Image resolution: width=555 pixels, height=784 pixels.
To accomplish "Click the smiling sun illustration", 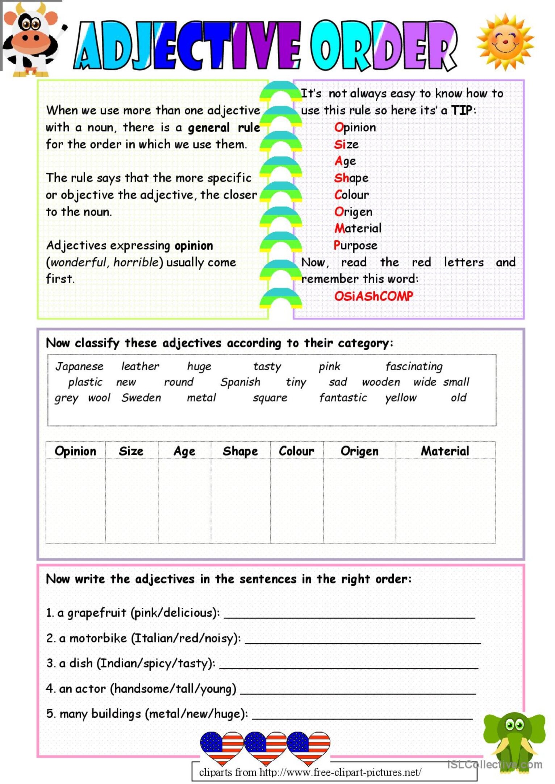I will [x=505, y=42].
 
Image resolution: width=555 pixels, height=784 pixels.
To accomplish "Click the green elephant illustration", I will [x=514, y=742].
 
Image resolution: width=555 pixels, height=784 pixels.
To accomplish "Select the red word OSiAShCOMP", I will [x=373, y=296].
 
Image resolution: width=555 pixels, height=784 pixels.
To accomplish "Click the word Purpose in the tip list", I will [x=355, y=245].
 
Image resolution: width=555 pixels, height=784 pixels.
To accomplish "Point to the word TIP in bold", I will [x=462, y=110].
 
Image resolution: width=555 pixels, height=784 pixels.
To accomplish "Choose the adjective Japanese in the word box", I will [x=79, y=366].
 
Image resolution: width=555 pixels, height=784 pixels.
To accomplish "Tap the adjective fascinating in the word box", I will [x=414, y=366].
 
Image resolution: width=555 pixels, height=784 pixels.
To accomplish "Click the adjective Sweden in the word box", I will [x=141, y=398].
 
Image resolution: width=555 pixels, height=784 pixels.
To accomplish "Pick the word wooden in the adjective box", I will [x=381, y=382].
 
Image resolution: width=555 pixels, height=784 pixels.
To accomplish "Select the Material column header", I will [x=445, y=451].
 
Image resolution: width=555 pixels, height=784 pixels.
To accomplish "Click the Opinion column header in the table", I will [x=75, y=451].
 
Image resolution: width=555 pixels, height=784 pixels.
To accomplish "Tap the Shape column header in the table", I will [x=240, y=451].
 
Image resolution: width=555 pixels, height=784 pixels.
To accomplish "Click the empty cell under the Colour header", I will [x=296, y=501].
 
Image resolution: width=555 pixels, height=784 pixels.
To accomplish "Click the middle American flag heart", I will [x=265, y=746].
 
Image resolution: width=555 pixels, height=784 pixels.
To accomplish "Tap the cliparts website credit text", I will [x=310, y=772].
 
